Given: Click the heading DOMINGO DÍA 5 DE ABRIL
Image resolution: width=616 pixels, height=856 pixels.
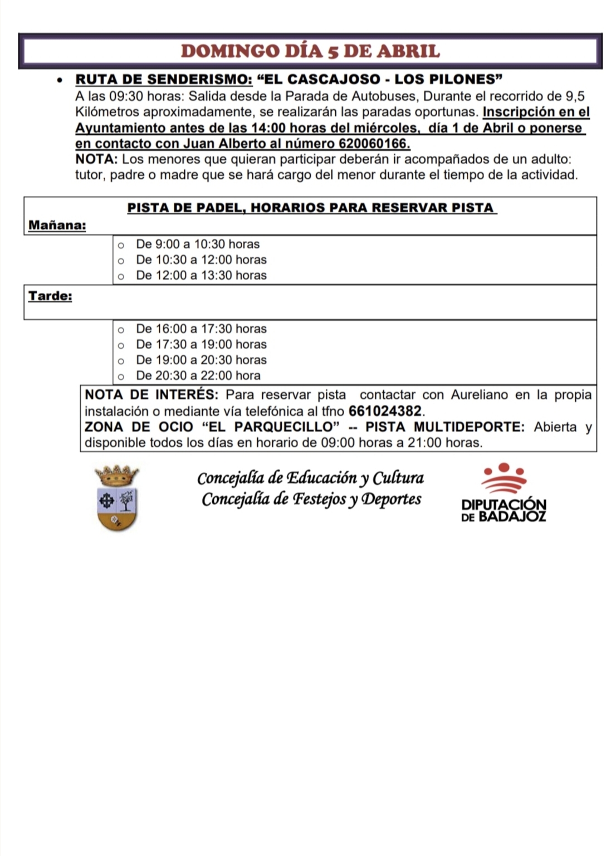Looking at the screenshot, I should coord(310,51).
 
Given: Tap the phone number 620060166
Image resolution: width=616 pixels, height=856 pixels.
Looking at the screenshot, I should coord(373,144).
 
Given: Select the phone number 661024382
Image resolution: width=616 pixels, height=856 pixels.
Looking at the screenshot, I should coord(385,412).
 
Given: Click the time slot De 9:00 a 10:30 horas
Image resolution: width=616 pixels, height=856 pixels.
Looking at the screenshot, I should coord(198,244).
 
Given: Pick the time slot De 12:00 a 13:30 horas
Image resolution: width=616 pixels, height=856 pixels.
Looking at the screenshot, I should coord(201,275).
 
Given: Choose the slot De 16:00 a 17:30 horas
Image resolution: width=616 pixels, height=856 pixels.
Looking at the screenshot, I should coord(201,329).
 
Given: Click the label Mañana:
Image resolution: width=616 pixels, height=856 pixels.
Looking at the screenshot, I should coord(57,226).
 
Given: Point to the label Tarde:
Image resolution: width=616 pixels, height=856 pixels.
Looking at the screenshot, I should coord(50,296).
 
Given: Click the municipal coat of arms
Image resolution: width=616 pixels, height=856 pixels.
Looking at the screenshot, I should coord(117,497).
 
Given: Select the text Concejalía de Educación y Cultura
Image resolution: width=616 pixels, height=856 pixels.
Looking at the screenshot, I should coord(310,478).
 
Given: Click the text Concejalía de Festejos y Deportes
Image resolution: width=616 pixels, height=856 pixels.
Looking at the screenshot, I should coord(311,499).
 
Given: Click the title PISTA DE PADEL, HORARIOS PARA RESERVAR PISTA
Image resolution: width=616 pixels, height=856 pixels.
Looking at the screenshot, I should coord(311,208).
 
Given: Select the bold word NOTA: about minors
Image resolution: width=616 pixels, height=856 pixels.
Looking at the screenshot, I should coord(96,159).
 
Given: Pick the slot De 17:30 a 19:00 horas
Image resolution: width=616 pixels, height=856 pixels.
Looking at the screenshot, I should coord(201,344).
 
